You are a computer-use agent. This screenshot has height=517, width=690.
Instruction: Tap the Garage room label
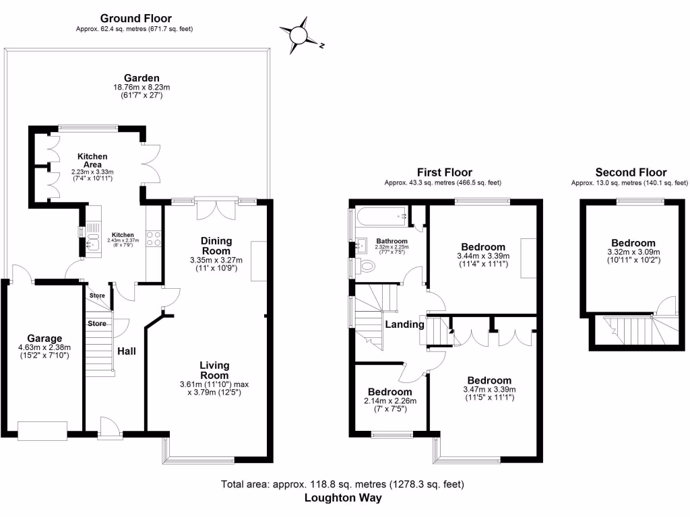44,338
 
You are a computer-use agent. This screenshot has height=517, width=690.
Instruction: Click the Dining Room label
216,246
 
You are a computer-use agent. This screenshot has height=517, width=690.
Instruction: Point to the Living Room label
214,370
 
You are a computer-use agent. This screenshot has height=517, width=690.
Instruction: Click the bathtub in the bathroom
381,216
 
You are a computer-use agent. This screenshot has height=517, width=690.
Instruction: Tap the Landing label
404,324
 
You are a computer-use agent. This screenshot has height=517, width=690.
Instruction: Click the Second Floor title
631,172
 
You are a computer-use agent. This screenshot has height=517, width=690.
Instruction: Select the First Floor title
444,172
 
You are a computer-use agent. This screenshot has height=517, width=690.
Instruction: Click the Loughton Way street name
343,498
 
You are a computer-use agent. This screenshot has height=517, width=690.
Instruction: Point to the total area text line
343,484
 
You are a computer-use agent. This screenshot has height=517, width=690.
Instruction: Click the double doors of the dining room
216,209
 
